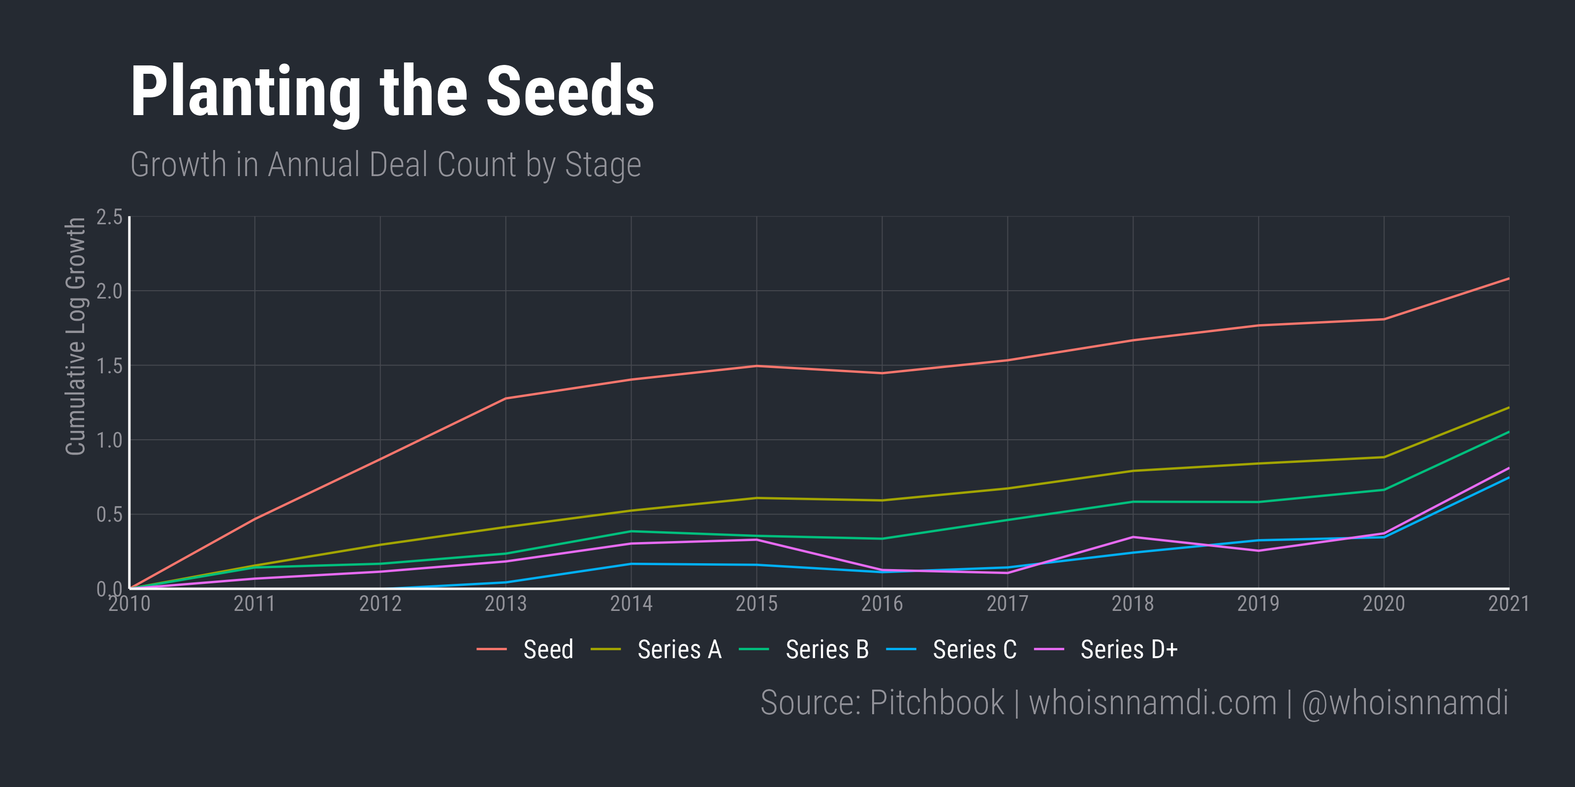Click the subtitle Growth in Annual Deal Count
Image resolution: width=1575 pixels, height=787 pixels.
point(385,165)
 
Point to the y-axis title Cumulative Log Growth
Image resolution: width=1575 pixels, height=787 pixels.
point(75,336)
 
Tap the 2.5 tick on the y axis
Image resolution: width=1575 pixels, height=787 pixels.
point(109,217)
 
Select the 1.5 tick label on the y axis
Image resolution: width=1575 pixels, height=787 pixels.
point(109,366)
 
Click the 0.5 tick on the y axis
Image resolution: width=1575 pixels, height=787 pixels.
point(109,515)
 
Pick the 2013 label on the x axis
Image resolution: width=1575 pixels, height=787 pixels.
point(505,604)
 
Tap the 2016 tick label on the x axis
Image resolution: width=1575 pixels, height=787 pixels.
point(882,604)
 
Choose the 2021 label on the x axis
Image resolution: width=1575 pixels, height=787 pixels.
point(1509,604)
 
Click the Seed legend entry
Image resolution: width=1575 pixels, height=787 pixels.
point(548,649)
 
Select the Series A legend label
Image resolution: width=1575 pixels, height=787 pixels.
point(679,649)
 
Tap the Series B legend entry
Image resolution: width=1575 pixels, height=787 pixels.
point(827,649)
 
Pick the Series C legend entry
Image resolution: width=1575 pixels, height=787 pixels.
point(975,649)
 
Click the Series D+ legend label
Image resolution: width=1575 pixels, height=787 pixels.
point(1129,649)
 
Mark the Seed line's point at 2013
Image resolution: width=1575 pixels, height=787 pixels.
point(505,398)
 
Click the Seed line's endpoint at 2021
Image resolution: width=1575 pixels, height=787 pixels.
point(1509,278)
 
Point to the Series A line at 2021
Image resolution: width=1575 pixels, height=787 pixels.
point(1509,408)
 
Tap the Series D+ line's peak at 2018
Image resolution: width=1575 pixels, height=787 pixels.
point(1133,537)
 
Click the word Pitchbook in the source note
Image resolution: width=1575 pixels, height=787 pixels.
point(936,703)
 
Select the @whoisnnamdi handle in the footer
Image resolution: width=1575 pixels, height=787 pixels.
point(1404,703)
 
